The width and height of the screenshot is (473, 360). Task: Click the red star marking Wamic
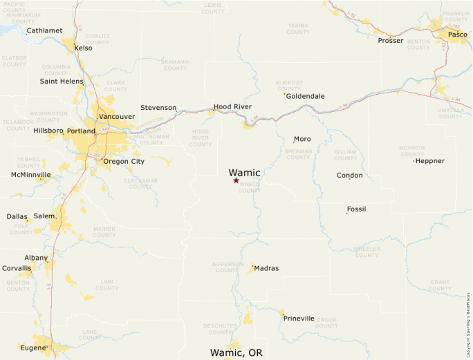click(x=236, y=180)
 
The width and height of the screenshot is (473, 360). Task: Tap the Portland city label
click(x=81, y=131)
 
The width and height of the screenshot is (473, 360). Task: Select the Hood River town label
click(x=232, y=107)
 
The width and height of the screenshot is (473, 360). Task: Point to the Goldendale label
click(x=305, y=97)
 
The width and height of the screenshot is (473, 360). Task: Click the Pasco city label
click(x=457, y=35)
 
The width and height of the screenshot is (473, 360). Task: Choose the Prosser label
click(x=391, y=41)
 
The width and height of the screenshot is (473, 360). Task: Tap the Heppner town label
click(x=430, y=161)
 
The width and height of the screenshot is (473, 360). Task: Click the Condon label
click(x=349, y=176)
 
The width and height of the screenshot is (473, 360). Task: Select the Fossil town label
click(x=357, y=209)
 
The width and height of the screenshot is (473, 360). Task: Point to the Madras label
click(x=266, y=268)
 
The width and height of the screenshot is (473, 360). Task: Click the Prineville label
click(x=299, y=319)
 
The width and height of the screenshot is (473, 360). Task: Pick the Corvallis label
click(x=17, y=268)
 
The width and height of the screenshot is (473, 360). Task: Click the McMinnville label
click(x=31, y=175)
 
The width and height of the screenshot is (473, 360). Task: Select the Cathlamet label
click(x=44, y=30)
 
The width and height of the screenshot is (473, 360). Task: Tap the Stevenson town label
click(x=158, y=108)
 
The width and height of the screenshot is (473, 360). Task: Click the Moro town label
click(x=302, y=139)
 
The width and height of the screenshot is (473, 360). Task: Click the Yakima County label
click(x=298, y=29)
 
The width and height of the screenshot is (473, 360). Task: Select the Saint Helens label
click(x=62, y=82)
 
